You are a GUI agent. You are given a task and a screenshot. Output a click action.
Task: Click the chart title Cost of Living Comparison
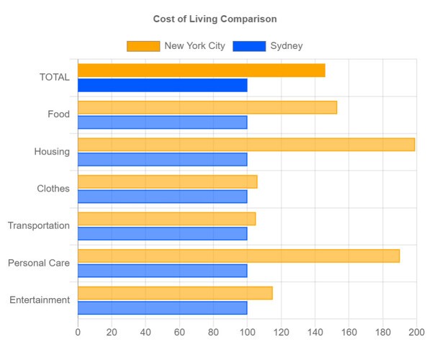215,19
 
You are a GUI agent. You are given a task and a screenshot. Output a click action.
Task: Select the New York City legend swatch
143,46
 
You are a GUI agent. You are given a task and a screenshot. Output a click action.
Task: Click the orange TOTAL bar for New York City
201,71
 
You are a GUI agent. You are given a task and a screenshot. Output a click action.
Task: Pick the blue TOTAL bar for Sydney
162,85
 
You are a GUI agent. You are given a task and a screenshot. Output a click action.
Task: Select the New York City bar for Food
207,107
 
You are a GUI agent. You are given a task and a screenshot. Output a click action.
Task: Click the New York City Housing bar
246,145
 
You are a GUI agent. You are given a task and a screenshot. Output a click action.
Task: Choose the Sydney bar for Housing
162,159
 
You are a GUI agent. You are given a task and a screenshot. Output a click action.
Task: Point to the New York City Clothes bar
167,181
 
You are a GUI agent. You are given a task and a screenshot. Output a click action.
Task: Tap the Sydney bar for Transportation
162,233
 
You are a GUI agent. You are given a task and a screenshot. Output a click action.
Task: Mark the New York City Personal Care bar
238,256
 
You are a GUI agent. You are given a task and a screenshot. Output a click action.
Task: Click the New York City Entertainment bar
175,293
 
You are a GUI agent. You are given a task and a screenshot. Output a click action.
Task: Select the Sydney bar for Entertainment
162,307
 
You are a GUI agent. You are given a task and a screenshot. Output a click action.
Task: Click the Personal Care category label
39,263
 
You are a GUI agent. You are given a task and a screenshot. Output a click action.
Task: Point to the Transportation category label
39,225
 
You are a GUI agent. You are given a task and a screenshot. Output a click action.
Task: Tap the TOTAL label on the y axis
55,77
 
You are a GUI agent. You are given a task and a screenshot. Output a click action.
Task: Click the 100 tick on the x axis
247,332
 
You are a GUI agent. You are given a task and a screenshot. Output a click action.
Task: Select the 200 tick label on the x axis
416,332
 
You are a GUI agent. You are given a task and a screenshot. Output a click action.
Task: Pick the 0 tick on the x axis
78,332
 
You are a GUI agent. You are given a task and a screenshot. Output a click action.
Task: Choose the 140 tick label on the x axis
315,332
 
